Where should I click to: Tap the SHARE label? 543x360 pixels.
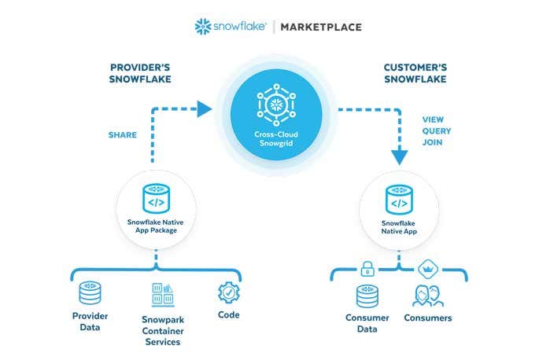[x=122, y=134]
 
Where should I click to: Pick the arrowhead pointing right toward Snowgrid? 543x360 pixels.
[x=205, y=108]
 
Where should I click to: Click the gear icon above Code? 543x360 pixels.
[x=228, y=292]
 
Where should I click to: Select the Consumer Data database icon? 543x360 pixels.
[x=367, y=296]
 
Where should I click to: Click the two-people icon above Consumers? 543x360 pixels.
[x=427, y=296]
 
